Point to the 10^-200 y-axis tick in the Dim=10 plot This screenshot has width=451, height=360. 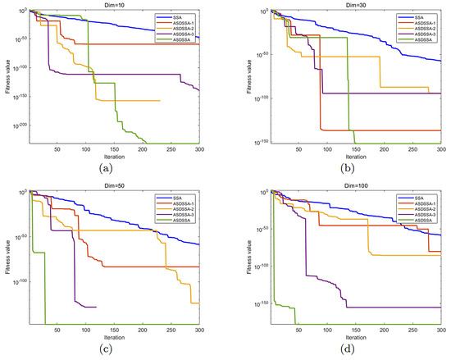click(x=17, y=125)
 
